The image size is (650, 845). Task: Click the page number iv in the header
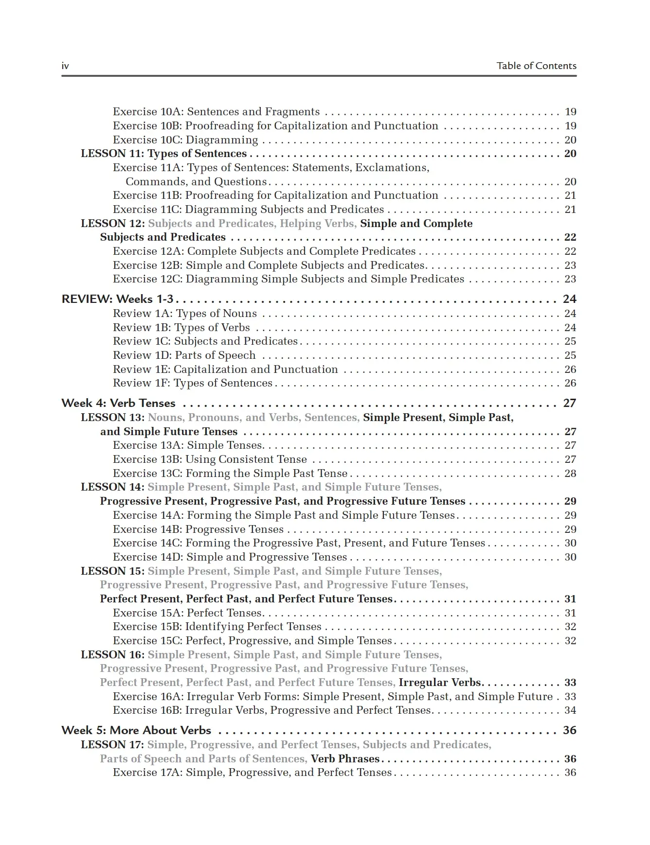click(65, 66)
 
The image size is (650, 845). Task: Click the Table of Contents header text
click(536, 66)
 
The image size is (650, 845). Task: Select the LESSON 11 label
click(112, 154)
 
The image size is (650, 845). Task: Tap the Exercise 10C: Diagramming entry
click(185, 140)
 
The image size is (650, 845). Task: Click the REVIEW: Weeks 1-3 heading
click(117, 299)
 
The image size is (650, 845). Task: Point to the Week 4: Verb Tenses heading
click(118, 403)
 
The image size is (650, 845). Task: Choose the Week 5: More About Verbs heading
click(136, 730)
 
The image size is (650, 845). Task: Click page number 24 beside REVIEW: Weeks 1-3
click(569, 299)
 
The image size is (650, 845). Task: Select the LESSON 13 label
click(112, 418)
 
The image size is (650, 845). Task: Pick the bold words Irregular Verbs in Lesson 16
click(440, 683)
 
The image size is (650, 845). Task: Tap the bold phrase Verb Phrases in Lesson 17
click(345, 759)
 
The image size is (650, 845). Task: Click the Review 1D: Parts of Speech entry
click(184, 355)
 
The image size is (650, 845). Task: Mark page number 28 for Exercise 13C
click(570, 474)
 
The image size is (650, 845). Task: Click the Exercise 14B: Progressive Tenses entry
click(198, 529)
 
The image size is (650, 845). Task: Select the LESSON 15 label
click(112, 571)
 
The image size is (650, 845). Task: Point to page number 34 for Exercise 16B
click(570, 710)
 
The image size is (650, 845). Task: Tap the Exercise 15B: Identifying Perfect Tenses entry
click(217, 627)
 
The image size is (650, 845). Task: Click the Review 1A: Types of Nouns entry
click(185, 314)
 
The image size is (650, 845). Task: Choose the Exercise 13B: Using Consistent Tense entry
click(210, 459)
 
